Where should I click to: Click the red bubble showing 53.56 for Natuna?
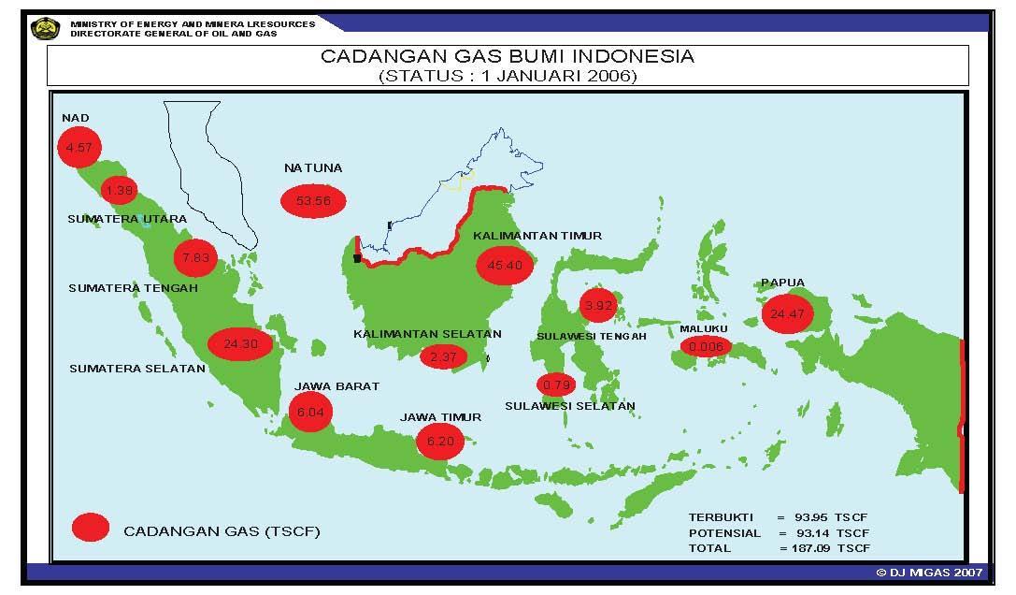312,201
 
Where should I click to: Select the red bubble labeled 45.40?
505,265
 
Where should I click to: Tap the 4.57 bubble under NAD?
79,148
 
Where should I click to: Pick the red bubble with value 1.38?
120,191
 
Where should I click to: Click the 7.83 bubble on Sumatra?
195,257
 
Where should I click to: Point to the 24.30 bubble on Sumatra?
240,343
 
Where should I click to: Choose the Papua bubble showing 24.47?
785,314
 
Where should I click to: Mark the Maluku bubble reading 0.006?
706,347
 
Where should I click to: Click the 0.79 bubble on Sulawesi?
556,384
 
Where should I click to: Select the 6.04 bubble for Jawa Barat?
310,412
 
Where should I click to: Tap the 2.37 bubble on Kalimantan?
443,356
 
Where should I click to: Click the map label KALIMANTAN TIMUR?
537,236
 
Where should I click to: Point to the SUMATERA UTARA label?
127,219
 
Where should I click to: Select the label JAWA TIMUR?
440,417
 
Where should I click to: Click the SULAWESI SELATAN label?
570,406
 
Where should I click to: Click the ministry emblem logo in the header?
45,28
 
